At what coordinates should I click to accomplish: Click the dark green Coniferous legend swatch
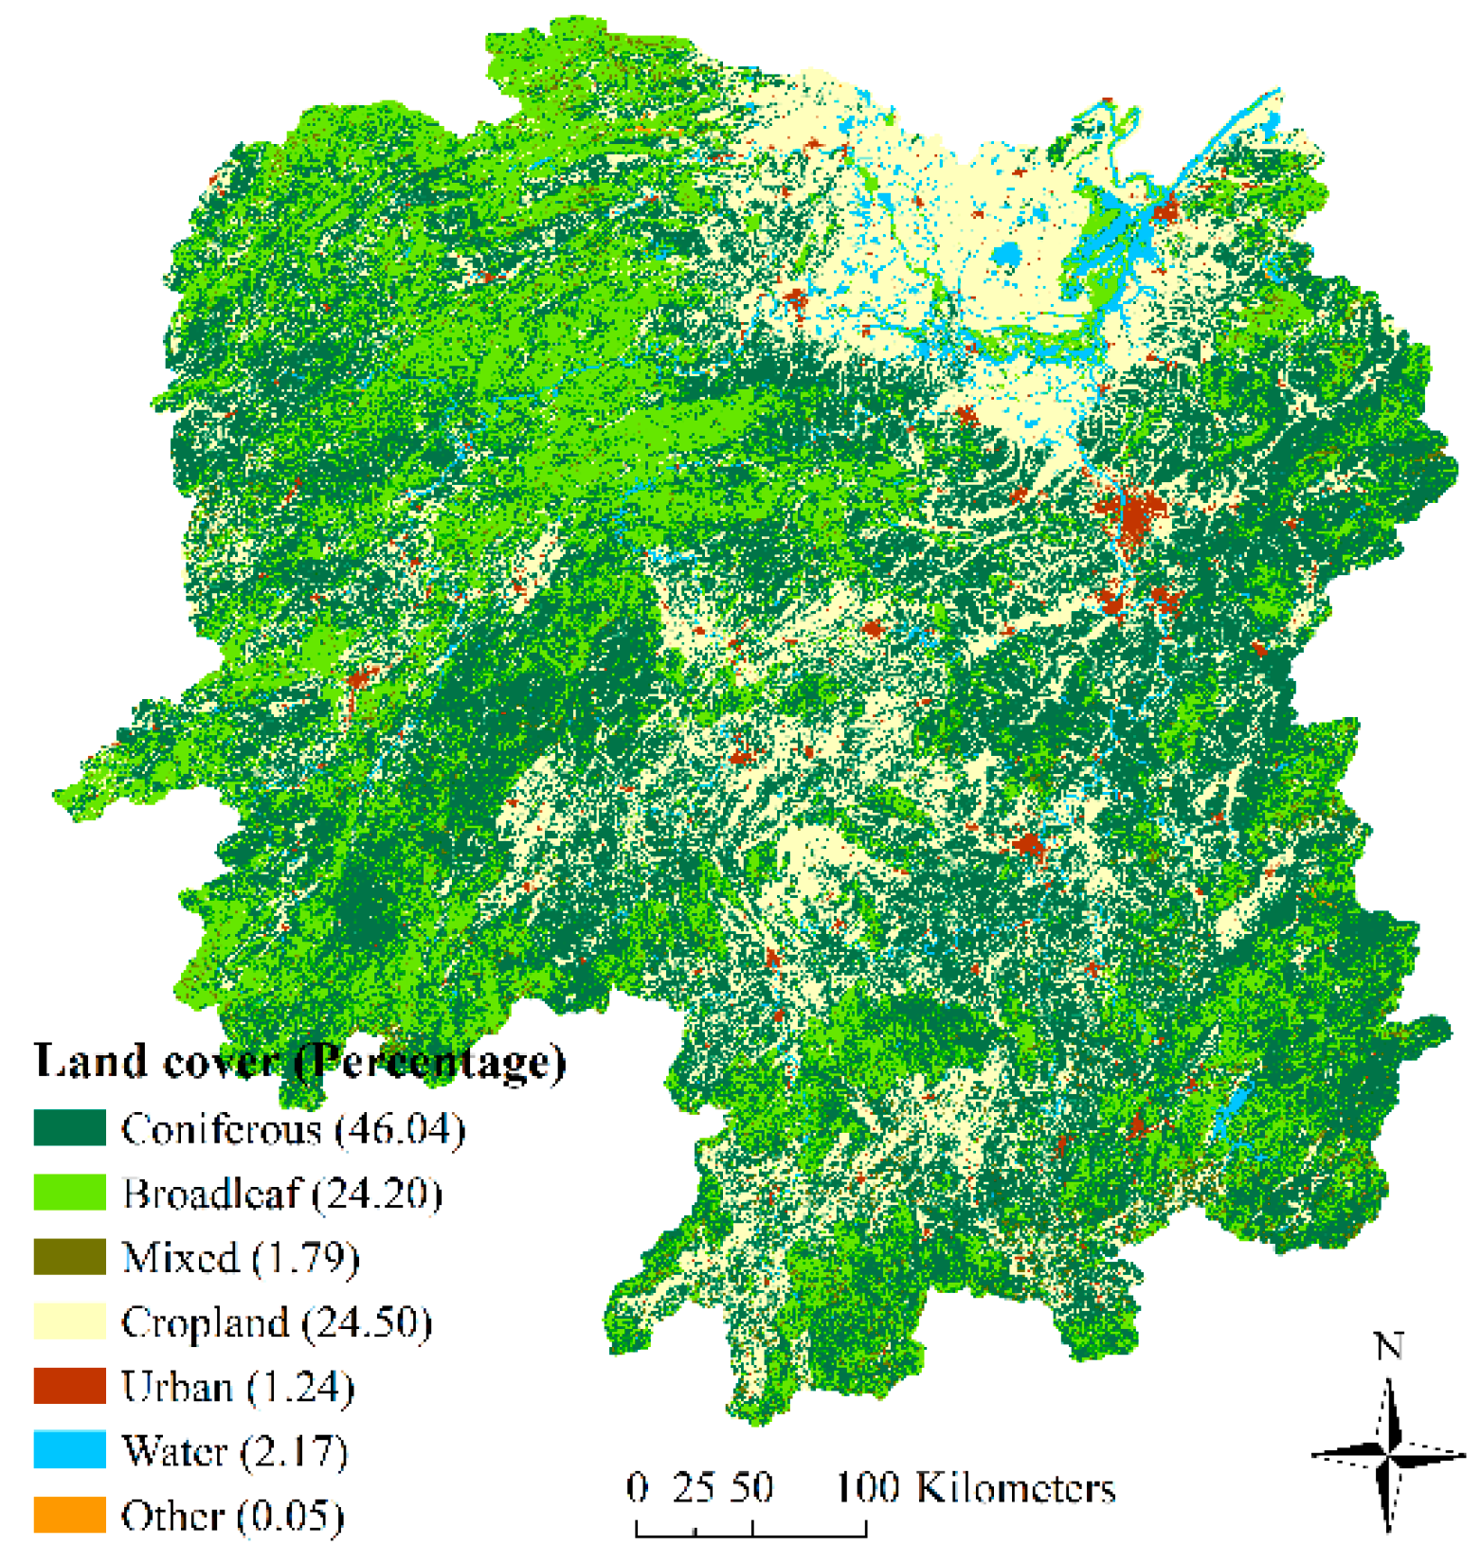click(69, 1128)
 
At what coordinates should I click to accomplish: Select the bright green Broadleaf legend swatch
click(69, 1193)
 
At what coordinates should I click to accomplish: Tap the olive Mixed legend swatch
click(69, 1257)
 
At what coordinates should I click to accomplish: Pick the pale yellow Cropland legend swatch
click(69, 1321)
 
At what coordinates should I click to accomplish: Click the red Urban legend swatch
click(69, 1386)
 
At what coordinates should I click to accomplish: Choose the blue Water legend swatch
click(69, 1450)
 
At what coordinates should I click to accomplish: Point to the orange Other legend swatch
click(69, 1515)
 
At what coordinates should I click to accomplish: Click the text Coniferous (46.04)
click(293, 1129)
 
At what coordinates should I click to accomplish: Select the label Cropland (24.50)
click(277, 1322)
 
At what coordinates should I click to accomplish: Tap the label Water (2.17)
click(235, 1451)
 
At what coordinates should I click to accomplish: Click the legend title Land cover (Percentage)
click(299, 1061)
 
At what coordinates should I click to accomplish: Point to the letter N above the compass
click(1388, 1346)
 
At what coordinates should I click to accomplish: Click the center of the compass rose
click(1388, 1453)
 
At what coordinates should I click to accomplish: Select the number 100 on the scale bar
click(866, 1487)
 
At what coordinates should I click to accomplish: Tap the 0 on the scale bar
click(638, 1487)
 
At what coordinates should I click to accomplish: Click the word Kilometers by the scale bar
click(1016, 1488)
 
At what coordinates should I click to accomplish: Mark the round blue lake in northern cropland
click(1006, 254)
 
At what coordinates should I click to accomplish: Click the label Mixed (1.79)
click(241, 1258)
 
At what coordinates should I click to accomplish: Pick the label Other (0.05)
click(232, 1516)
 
